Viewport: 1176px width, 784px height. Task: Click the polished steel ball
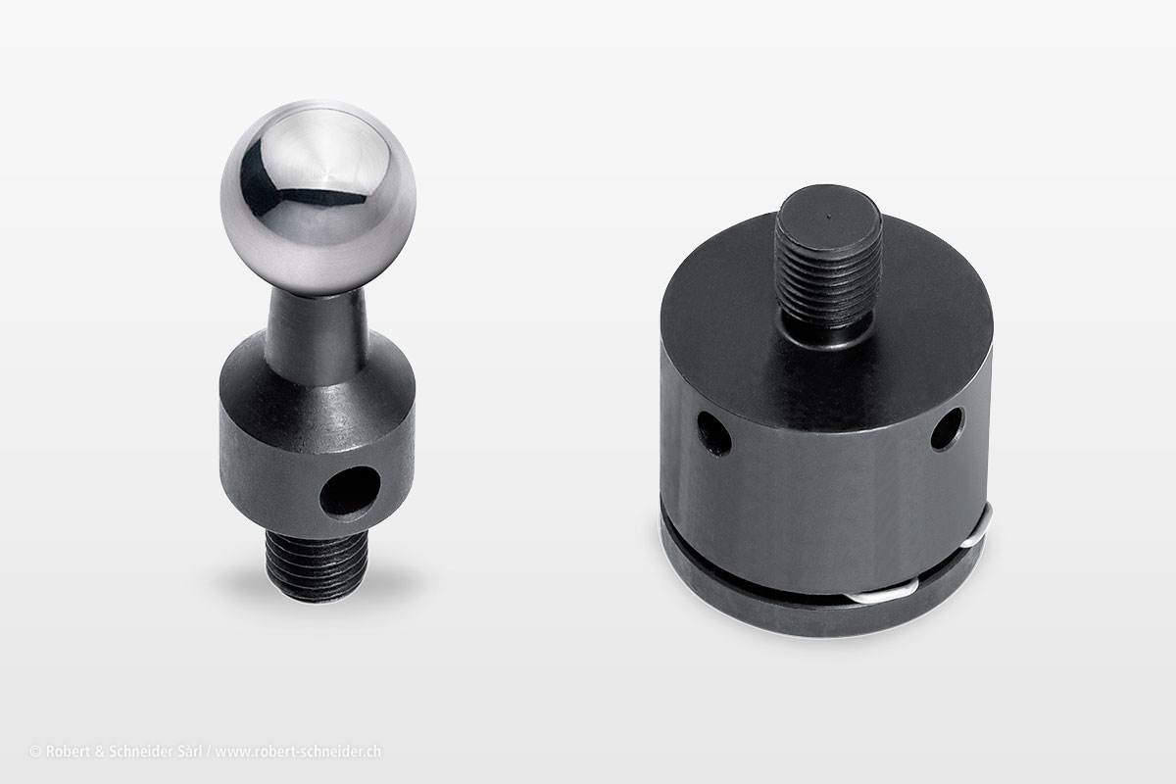[318, 197]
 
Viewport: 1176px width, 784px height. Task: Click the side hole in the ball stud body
[350, 492]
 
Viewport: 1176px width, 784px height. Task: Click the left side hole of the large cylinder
[714, 433]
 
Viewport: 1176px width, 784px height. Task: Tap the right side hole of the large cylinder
[948, 428]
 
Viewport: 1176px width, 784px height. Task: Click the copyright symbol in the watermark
[35, 752]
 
